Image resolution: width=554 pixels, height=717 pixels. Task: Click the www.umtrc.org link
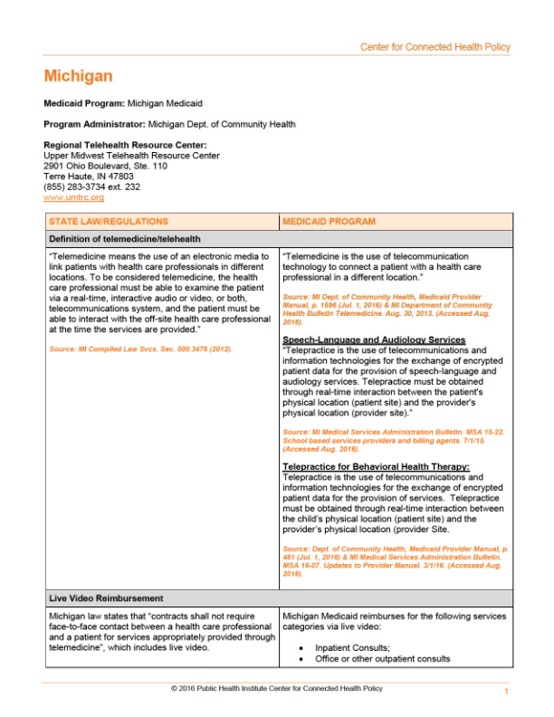pyautogui.click(x=73, y=197)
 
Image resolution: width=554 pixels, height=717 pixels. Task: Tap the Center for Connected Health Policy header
pyautogui.click(x=435, y=47)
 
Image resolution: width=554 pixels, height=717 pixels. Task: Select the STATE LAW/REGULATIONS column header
pyautogui.click(x=109, y=221)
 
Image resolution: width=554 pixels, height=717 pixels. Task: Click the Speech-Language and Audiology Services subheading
pyautogui.click(x=374, y=339)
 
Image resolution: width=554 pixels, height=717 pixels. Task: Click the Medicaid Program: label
pyautogui.click(x=84, y=104)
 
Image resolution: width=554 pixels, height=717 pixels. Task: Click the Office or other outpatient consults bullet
pyautogui.click(x=382, y=659)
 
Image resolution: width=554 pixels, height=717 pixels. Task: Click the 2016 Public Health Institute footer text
pyautogui.click(x=276, y=689)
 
